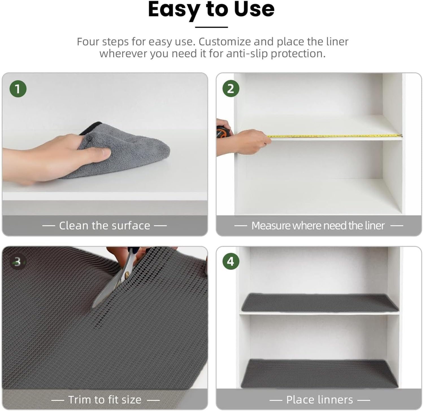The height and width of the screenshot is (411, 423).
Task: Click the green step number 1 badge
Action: [x=18, y=89]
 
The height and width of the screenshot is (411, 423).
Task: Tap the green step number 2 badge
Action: [x=231, y=89]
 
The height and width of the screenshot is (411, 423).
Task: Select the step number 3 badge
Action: [x=18, y=262]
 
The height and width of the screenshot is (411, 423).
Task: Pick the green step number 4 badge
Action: [x=231, y=261]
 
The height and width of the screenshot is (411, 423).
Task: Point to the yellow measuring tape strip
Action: [x=333, y=136]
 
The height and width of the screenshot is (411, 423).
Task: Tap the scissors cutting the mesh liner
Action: [x=119, y=280]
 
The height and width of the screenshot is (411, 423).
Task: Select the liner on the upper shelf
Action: [x=319, y=303]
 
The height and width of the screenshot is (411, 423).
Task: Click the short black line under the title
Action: [x=211, y=27]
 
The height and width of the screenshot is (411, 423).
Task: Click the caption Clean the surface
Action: [x=104, y=226]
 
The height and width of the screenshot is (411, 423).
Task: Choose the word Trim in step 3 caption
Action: [x=80, y=400]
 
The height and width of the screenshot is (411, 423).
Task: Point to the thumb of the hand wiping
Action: [x=100, y=153]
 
